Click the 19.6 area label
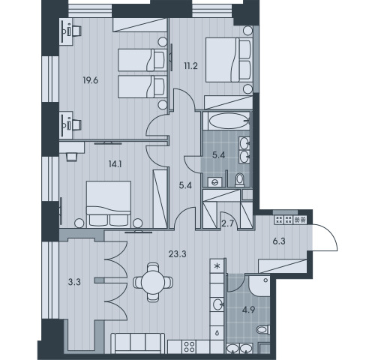click(91, 81)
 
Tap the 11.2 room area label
click(191, 66)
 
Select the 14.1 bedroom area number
click(115, 164)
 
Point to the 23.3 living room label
click(178, 254)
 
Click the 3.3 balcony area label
click(74, 282)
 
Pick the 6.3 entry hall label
click(279, 241)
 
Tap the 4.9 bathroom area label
click(248, 310)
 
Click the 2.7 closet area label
click(227, 223)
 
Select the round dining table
click(153, 283)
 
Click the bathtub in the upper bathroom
click(226, 121)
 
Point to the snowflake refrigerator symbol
click(217, 266)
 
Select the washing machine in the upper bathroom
click(214, 182)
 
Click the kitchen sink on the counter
click(218, 304)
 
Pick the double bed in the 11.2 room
click(229, 60)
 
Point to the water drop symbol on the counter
click(217, 333)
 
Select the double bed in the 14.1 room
click(109, 205)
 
